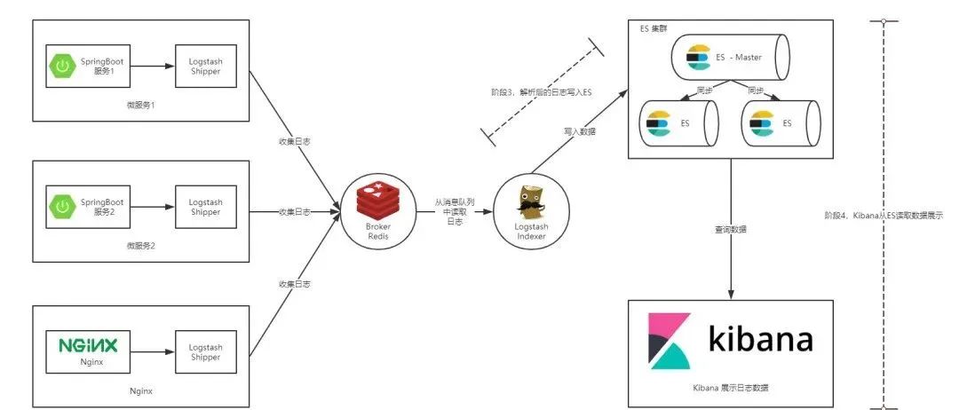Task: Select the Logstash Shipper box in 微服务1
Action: pyautogui.click(x=205, y=67)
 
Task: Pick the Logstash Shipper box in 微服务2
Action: pyautogui.click(x=205, y=209)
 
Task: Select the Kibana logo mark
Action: pyautogui.click(x=670, y=342)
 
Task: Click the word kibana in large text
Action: pyautogui.click(x=760, y=340)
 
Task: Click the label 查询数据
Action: pyautogui.click(x=731, y=229)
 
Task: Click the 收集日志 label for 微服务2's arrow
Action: pyautogui.click(x=295, y=212)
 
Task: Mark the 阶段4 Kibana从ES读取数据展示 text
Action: pyautogui.click(x=884, y=216)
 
